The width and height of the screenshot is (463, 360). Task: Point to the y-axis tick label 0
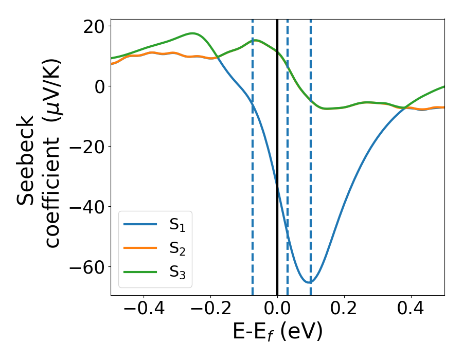(x=99, y=86)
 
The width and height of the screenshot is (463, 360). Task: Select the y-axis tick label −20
(x=86, y=147)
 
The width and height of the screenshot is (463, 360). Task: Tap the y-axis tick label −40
(x=86, y=207)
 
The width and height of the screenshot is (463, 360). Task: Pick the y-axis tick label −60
(x=86, y=267)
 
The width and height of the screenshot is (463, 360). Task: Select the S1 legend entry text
(x=177, y=225)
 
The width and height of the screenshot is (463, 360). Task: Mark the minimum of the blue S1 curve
(x=309, y=282)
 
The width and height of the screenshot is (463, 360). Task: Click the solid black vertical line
(x=277, y=154)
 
